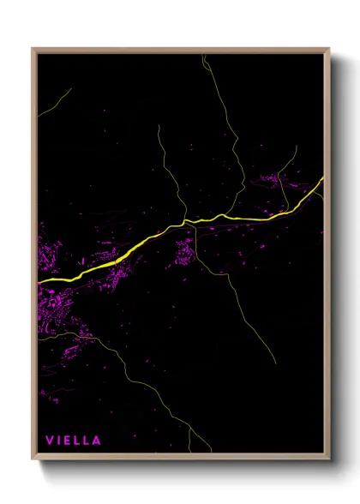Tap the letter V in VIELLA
click(x=49, y=441)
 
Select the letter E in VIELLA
click(x=67, y=441)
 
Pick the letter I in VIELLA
click(x=58, y=441)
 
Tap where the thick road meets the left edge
click(x=39, y=282)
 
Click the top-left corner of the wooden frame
click(x=33, y=49)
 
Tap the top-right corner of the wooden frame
click(x=329, y=49)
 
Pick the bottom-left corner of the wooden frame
click(x=33, y=461)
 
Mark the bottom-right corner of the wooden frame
click(x=329, y=461)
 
